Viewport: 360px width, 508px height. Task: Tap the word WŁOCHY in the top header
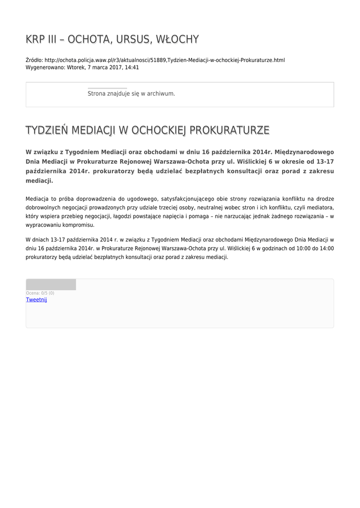[x=177, y=39]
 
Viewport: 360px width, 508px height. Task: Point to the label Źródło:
[x=34, y=60]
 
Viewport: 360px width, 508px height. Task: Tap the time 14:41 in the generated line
[x=132, y=67]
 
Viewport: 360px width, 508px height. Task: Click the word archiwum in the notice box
[x=161, y=93]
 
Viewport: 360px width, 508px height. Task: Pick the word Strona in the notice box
[x=96, y=93]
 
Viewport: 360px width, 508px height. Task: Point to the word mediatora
[x=320, y=207]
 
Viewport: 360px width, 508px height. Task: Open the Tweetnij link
[x=36, y=300]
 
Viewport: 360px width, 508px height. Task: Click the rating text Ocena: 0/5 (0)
[x=40, y=293]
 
